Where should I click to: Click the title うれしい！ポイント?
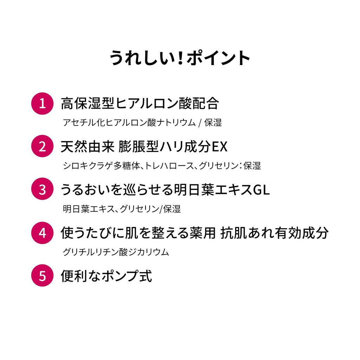pos(180,58)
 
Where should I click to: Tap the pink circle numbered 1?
pos(42,104)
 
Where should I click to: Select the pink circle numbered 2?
pos(42,146)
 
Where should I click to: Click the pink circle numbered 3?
pos(42,189)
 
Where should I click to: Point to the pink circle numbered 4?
pos(42,233)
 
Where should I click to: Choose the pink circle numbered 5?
pos(42,276)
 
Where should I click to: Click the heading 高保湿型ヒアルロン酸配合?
pos(140,103)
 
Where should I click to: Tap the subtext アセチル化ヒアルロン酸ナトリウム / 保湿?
pos(142,123)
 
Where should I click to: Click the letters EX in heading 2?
pos(219,147)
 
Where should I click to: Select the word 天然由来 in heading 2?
pos(88,147)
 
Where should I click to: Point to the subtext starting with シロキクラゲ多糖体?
pos(162,166)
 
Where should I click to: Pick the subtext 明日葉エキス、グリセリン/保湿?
pos(122,209)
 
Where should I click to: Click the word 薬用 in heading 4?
pos(202,233)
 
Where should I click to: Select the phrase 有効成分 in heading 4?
pos(302,233)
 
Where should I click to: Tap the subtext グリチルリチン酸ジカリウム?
pos(116,252)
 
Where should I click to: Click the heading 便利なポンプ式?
pos(106,276)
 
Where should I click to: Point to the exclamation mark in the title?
pos(180,58)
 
